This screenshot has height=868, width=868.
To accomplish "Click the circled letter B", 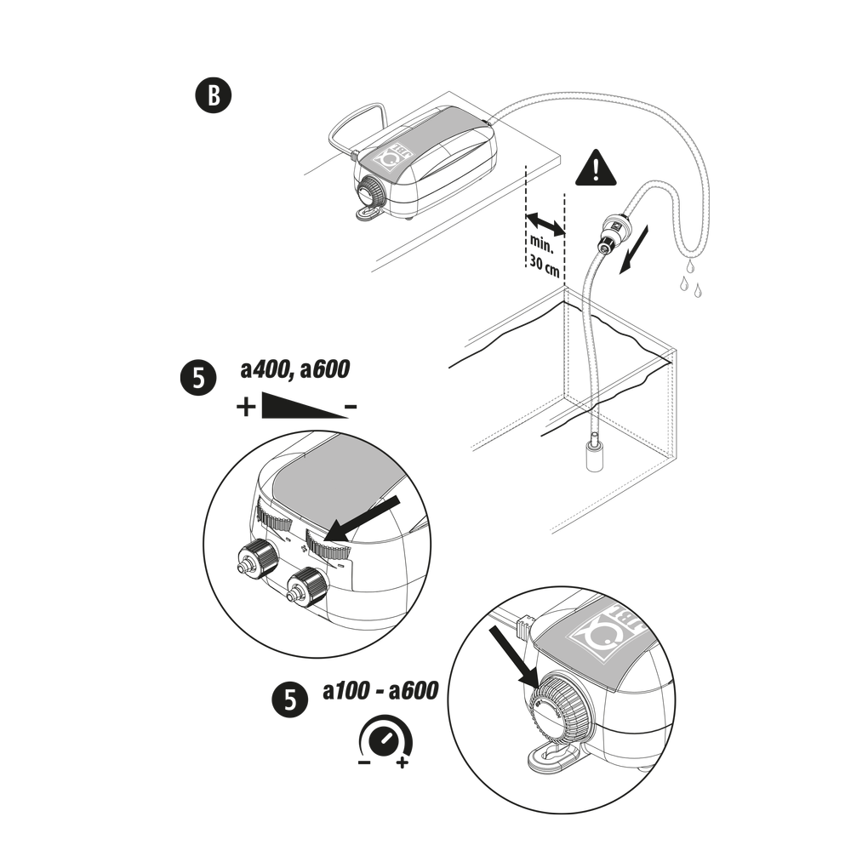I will pos(213,96).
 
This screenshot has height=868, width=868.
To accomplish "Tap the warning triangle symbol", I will pos(597,170).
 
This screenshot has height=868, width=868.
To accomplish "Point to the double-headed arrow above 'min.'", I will pos(545,226).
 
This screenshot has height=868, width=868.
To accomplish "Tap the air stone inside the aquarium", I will pos(592,450).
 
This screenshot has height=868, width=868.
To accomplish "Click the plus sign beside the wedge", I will pos(246,408).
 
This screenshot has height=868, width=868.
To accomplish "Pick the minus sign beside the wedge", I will pos(350,408).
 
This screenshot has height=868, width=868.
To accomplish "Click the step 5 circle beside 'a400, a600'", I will pos(197,378).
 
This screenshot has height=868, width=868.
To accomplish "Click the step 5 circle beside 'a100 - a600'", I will pos(289,700).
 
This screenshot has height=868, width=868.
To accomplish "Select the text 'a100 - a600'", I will pos(380,691).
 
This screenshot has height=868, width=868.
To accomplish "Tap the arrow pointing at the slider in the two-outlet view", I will pos(363,518).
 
